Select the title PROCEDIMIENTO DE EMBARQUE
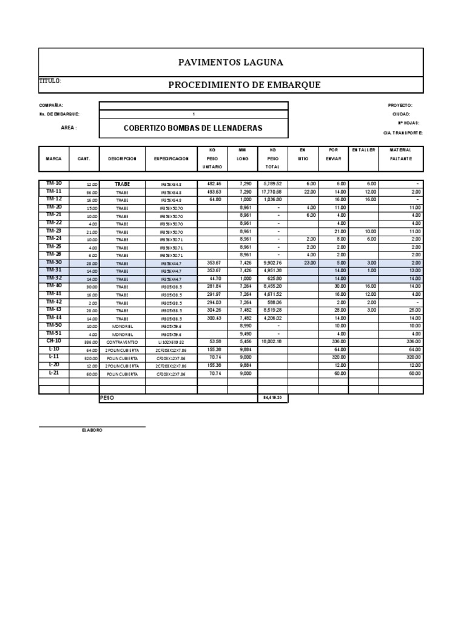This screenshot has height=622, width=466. [x=244, y=84]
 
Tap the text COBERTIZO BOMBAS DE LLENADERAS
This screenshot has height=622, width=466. [x=193, y=128]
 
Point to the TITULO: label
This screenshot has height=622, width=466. [x=50, y=81]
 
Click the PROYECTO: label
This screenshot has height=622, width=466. [x=400, y=105]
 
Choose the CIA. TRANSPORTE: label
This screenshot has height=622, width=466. [x=403, y=132]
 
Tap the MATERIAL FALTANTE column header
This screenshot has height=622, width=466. [x=400, y=154]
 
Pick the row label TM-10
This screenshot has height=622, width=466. [x=53, y=183]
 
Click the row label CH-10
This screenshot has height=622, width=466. [x=53, y=342]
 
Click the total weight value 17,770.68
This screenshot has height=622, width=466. [x=271, y=191]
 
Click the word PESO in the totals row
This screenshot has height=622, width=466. [x=107, y=397]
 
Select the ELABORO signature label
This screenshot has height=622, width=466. [x=92, y=430]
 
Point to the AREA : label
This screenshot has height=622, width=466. [x=69, y=128]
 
